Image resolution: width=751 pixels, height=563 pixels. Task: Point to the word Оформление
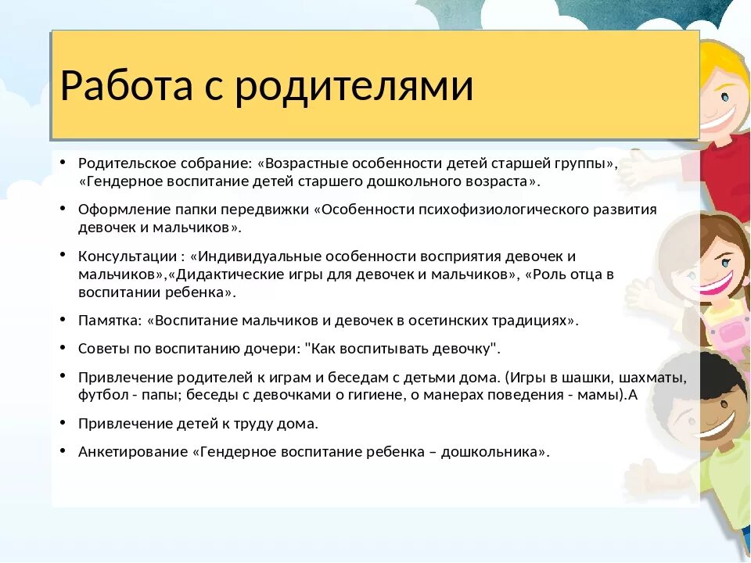point(116,210)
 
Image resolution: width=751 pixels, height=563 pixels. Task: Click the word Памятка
point(108,320)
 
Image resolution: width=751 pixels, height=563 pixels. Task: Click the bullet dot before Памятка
point(62,319)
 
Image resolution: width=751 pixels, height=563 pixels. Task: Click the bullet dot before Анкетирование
point(62,450)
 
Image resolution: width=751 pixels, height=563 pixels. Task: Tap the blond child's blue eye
point(724,98)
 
